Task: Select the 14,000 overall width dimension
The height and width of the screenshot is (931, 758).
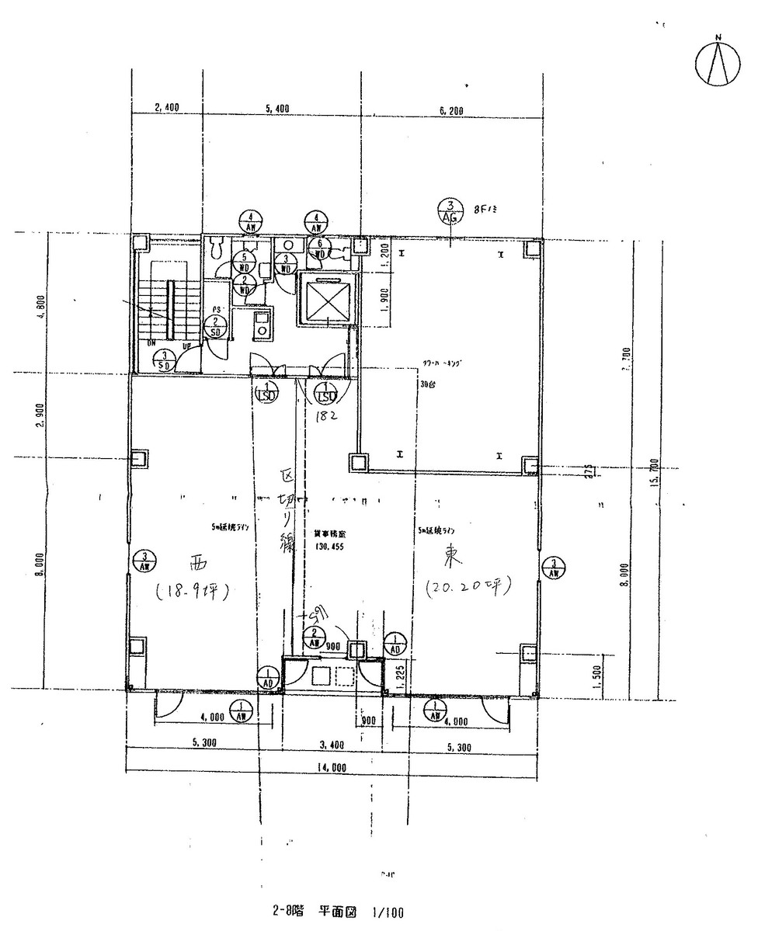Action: point(332,768)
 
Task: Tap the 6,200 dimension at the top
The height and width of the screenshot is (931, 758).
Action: point(450,111)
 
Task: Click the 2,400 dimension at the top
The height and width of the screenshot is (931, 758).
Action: point(167,109)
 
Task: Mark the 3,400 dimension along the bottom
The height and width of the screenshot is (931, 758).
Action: point(332,745)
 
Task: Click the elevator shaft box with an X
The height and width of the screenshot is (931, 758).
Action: point(326,299)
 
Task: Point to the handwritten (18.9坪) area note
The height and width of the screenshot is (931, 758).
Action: point(190,592)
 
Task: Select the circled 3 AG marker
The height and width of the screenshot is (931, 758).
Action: point(450,212)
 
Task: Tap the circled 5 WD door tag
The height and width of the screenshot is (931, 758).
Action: point(245,262)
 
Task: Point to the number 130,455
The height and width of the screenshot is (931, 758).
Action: point(331,547)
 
